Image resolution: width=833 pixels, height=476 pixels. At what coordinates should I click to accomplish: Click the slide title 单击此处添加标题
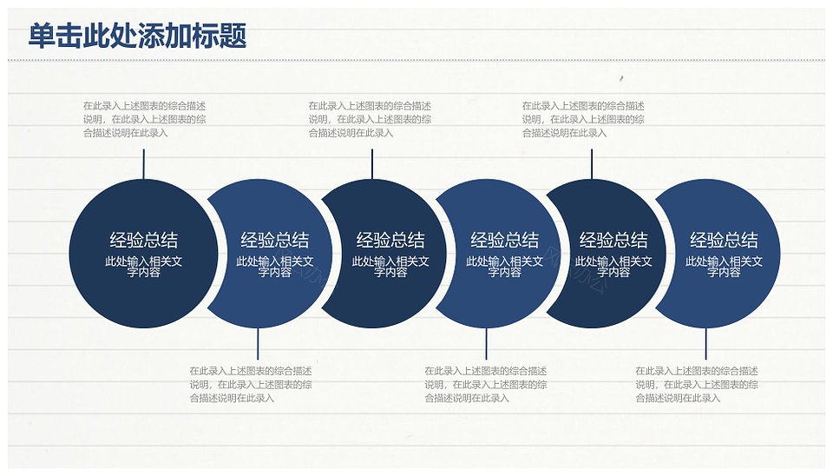tap(137, 36)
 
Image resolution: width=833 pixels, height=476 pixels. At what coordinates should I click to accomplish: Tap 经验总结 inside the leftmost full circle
tap(143, 241)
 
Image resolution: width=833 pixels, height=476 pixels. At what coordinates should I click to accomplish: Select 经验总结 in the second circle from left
tap(275, 241)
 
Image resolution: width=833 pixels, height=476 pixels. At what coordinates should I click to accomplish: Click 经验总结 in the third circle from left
tap(390, 241)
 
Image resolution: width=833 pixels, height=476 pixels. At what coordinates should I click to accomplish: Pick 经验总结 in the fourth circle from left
tap(505, 241)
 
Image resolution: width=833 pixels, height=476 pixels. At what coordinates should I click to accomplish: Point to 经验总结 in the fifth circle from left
tap(613, 241)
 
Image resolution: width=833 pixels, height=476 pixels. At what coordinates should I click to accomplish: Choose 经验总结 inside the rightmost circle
tap(724, 241)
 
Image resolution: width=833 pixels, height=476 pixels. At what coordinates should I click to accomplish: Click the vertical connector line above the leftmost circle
tap(143, 164)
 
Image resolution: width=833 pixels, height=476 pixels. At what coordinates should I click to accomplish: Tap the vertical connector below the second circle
tap(258, 344)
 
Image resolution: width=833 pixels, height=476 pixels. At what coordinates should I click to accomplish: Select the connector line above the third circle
tap(372, 164)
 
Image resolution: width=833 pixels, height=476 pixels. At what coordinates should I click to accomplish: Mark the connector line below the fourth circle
tap(486, 344)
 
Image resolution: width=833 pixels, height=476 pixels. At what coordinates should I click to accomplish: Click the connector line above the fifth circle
tap(592, 164)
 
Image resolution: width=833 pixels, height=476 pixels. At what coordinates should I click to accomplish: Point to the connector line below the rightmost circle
tap(706, 344)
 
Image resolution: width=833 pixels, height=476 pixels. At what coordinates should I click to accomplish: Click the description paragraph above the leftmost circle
tap(145, 120)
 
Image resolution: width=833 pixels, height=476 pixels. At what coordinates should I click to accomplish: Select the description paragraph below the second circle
tap(251, 385)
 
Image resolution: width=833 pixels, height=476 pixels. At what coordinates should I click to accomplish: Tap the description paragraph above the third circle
tap(370, 120)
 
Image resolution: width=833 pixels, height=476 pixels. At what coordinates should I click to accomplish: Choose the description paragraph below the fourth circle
tap(486, 385)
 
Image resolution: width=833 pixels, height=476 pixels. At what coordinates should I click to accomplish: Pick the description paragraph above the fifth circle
tap(583, 120)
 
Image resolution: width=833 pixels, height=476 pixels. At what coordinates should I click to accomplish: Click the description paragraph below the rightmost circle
tap(697, 385)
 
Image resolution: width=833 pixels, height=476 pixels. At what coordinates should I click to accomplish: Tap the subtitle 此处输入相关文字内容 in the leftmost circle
tap(143, 267)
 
